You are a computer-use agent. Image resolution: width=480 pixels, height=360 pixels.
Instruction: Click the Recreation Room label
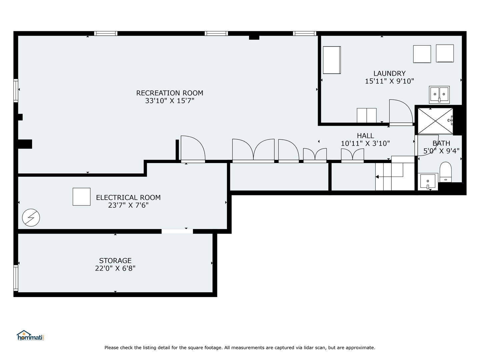click(169, 93)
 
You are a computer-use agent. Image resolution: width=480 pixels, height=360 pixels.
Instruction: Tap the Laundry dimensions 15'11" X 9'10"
click(389, 81)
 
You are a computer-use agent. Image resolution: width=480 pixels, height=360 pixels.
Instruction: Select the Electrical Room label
click(128, 198)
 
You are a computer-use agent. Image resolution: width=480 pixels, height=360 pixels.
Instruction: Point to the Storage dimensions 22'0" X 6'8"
click(115, 268)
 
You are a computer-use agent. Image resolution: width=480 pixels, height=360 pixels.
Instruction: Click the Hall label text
click(365, 136)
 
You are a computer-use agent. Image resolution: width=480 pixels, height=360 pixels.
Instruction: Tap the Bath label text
click(441, 143)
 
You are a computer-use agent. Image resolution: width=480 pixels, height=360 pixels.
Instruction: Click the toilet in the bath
click(445, 172)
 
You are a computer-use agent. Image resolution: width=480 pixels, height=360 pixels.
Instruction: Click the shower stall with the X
click(435, 121)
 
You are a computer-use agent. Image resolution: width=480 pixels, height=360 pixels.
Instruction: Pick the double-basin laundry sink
click(439, 95)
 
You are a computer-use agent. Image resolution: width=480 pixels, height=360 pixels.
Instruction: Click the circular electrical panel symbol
click(31, 218)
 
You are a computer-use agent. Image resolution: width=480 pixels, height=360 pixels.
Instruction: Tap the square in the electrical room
click(82, 197)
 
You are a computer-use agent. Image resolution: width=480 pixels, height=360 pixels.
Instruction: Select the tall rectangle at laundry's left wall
click(332, 60)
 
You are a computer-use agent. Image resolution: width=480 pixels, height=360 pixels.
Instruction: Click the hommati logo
click(30, 336)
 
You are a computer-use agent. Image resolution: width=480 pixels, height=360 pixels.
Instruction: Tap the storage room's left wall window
click(16, 278)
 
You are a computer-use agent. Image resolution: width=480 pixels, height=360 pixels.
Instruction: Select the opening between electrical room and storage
click(177, 231)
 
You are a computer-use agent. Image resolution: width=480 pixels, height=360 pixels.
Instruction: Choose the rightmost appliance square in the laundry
click(445, 53)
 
